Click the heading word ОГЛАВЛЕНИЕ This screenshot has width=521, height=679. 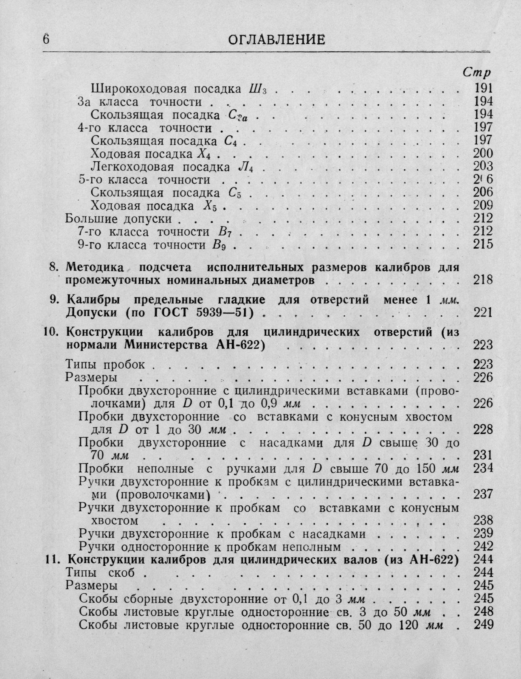tap(276, 40)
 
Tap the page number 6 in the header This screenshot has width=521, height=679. tap(46, 39)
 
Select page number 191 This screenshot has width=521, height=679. tap(483, 88)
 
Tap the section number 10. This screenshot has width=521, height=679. tap(51, 331)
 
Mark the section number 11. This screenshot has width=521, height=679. tap(53, 559)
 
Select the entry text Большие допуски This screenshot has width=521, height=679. tap(118, 219)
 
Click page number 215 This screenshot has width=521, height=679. tap(483, 244)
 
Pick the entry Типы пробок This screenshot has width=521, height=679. tap(106, 364)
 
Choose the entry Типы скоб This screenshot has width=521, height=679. tap(101, 572)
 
